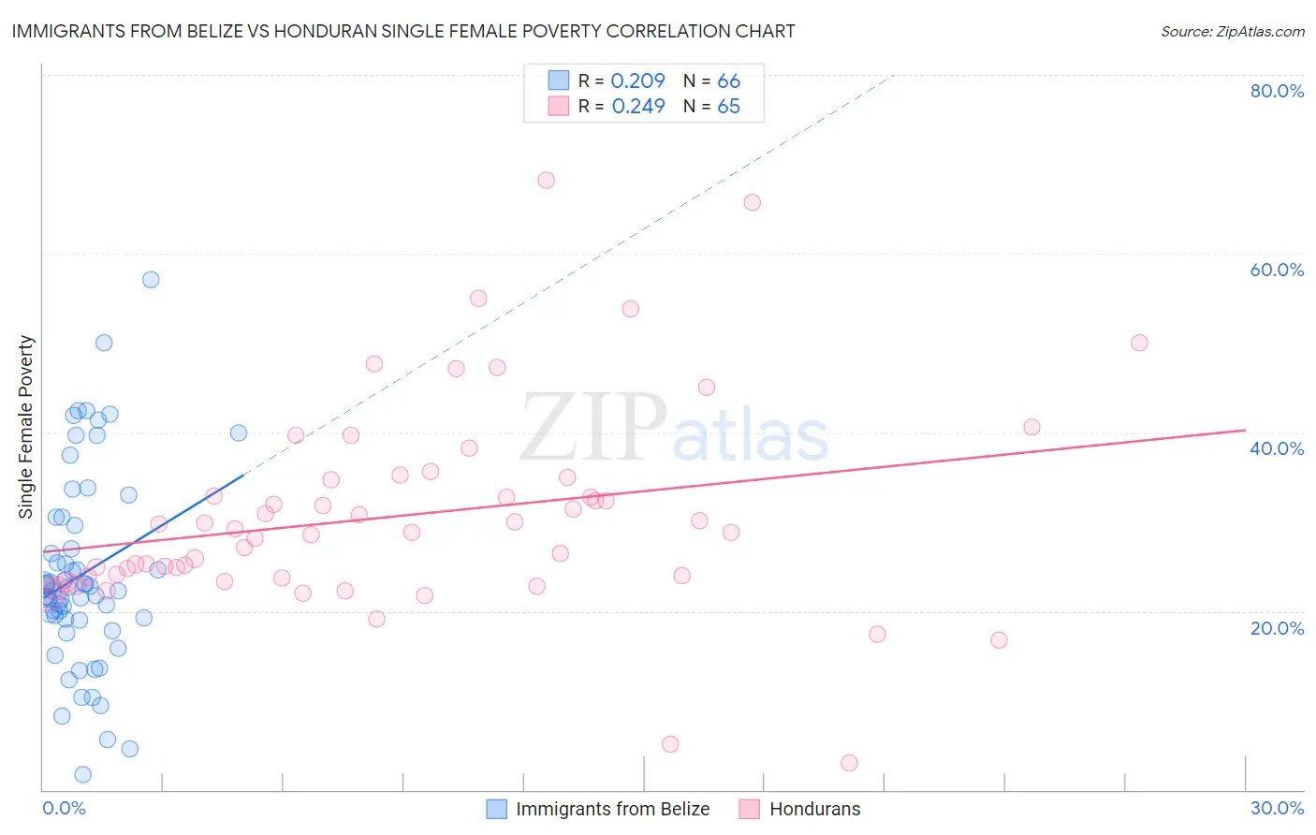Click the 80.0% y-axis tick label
1277,91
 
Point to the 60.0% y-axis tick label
1277,270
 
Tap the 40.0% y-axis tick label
1277,448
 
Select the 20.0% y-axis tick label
1277,628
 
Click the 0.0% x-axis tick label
64,808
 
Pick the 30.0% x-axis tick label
1277,808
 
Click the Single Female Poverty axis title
26,427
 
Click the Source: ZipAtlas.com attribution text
1232,32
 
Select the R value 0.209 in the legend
637,81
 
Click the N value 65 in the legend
728,107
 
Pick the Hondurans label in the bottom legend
814,809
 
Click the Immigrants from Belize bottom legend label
612,809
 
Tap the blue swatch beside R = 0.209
559,81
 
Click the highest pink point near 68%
547,180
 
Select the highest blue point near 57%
151,280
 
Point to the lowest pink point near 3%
849,763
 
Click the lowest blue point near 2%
83,774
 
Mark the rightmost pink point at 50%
1139,343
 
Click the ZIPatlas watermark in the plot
674,430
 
